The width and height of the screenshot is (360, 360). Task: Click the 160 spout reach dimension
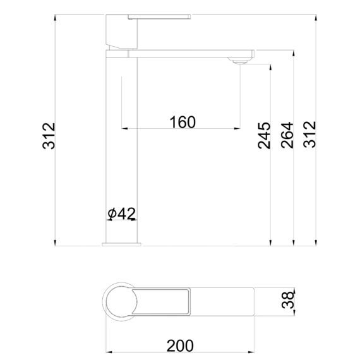(x=183, y=122)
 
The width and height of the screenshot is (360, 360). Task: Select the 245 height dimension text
(x=264, y=136)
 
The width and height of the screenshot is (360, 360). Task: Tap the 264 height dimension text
(x=287, y=135)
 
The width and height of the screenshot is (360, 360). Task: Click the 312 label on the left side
(x=49, y=136)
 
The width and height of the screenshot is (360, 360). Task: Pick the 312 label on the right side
(x=309, y=135)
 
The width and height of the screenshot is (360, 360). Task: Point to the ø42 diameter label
(x=122, y=213)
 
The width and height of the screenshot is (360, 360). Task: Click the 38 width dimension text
(x=288, y=300)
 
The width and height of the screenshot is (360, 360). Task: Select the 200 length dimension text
(x=180, y=345)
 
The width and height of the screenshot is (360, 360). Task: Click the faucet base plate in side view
(x=121, y=244)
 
